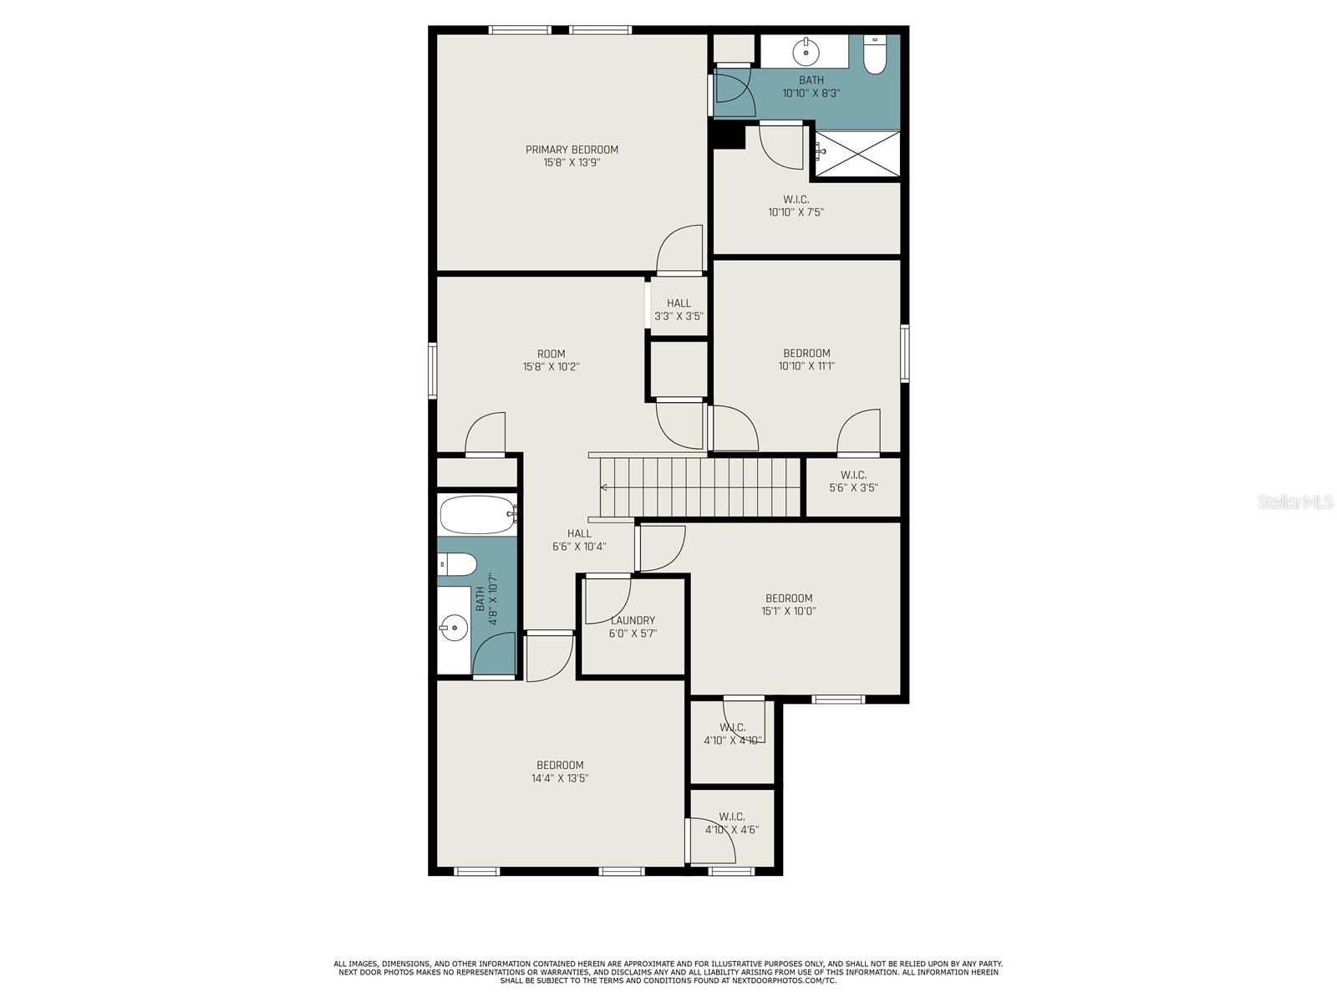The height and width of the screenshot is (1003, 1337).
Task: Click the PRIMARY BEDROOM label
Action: pyautogui.click(x=572, y=150)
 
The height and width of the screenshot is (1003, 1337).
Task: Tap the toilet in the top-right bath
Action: pyautogui.click(x=874, y=55)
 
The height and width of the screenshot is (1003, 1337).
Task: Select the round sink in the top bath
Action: pyautogui.click(x=806, y=52)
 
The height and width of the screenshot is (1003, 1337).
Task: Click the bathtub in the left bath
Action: pyautogui.click(x=478, y=515)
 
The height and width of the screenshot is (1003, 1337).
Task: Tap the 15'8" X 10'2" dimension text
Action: pyautogui.click(x=551, y=367)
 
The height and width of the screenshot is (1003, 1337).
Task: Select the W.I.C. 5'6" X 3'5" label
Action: pyautogui.click(x=853, y=481)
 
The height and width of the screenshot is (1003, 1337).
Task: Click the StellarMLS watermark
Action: pyautogui.click(x=1295, y=501)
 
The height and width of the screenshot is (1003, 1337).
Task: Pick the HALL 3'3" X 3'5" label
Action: pyautogui.click(x=679, y=309)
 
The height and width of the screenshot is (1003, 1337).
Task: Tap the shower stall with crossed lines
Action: pyautogui.click(x=857, y=154)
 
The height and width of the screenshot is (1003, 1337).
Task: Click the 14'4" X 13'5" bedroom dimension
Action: pyautogui.click(x=560, y=777)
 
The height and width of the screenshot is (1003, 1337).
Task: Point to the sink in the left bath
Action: pyautogui.click(x=454, y=627)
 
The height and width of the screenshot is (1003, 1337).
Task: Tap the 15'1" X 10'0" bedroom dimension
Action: pyautogui.click(x=789, y=612)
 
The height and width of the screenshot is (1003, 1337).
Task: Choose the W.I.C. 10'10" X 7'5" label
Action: pyautogui.click(x=796, y=206)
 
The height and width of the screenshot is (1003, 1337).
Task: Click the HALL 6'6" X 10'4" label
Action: pyautogui.click(x=578, y=540)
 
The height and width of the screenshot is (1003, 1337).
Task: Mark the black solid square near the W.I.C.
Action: pyautogui.click(x=730, y=135)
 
